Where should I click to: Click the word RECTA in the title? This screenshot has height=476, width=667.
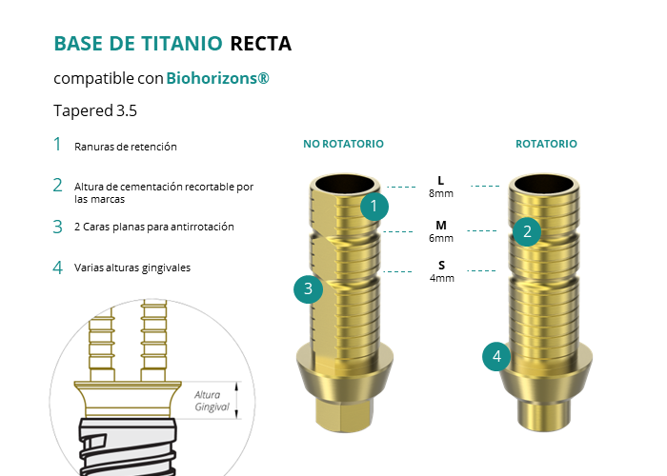point(261,44)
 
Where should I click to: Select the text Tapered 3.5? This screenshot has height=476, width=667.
point(95,111)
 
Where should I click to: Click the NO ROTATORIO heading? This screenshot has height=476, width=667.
point(343,144)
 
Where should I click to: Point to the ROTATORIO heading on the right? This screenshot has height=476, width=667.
point(546,144)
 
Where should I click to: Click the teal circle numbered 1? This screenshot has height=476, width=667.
point(374,207)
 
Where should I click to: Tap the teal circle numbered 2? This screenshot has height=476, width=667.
point(527,231)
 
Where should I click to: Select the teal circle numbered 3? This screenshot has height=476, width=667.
point(309,289)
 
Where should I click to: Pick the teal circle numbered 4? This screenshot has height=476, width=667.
point(496,357)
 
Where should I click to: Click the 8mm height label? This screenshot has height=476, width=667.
point(441,193)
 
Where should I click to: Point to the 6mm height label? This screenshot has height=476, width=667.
point(441,238)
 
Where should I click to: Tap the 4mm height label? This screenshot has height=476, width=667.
point(441,278)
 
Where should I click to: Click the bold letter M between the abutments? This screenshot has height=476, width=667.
point(441,226)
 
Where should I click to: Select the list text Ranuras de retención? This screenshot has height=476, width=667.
point(126,147)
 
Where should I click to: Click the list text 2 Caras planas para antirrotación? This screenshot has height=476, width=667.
point(154,227)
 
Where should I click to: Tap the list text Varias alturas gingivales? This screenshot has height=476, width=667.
point(132,268)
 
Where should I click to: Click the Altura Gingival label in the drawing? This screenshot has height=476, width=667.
point(212,401)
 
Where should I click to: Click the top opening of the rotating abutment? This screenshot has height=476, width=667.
point(544,183)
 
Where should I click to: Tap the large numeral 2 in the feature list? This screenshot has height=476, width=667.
point(57,186)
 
